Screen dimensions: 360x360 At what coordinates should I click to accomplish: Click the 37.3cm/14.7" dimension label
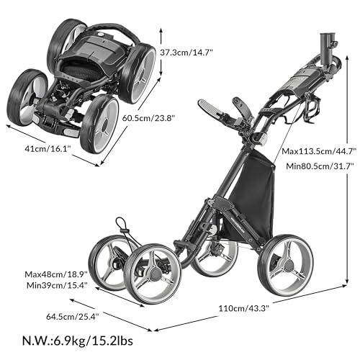pyautogui.click(x=192, y=52)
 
